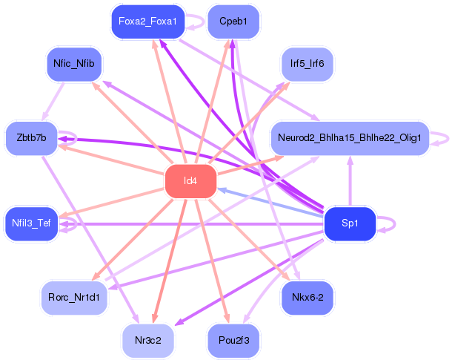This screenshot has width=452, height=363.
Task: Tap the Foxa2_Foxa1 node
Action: pos(147,22)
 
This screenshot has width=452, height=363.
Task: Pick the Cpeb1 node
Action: pos(233,22)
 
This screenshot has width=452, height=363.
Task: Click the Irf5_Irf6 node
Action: pos(307,64)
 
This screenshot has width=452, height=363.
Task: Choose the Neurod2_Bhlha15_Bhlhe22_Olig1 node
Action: pos(350,138)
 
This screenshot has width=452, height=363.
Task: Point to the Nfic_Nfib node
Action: pos(73,64)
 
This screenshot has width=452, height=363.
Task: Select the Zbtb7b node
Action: pos(31,138)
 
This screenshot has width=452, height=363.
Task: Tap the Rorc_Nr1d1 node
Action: pos(73,297)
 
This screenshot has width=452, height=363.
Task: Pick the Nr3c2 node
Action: pos(147,339)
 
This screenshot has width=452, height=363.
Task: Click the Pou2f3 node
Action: pos(233,339)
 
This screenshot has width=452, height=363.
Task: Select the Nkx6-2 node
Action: pos(307,297)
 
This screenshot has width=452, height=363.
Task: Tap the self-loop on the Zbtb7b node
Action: pos(69,138)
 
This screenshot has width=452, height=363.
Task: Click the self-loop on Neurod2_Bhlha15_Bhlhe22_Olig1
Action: pos(442,138)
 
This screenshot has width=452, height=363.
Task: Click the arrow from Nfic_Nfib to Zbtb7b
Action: pos(53,99)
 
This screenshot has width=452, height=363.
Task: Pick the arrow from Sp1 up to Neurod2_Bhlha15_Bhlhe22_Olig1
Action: pos(350,181)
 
